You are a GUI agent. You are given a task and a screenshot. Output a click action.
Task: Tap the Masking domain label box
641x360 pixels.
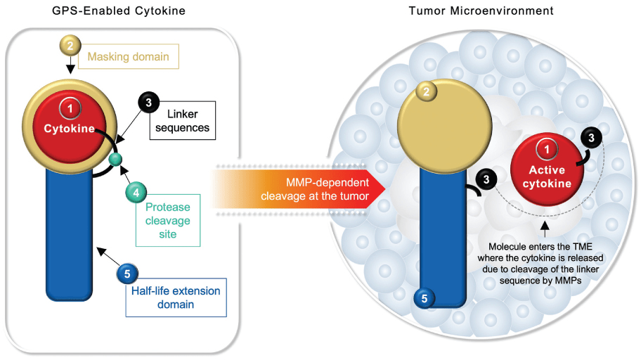[x=129, y=56]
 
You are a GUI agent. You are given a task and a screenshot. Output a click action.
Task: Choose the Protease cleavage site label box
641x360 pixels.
[x=167, y=220]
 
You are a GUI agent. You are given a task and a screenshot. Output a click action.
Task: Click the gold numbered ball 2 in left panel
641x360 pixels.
[x=69, y=45]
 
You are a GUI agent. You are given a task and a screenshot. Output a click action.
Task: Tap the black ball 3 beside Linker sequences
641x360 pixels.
[x=148, y=103]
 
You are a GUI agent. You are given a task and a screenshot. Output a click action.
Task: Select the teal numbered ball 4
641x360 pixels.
[x=135, y=191]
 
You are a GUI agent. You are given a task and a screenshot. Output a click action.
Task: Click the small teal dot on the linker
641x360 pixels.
[x=116, y=160]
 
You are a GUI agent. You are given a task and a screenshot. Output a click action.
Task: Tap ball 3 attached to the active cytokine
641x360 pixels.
[x=591, y=139]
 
